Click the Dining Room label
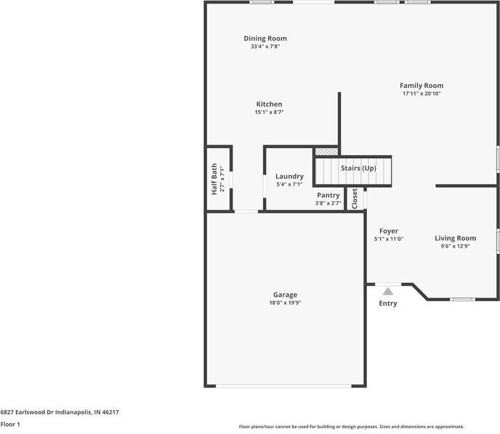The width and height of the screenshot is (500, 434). (265, 38)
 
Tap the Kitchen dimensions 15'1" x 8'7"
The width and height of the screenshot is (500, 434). (269, 112)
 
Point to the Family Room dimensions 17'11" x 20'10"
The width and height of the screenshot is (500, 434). (422, 94)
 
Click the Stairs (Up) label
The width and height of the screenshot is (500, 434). (358, 168)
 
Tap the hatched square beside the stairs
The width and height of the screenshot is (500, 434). (326, 152)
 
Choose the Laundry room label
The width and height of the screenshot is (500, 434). (289, 176)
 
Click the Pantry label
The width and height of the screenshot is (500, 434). (328, 195)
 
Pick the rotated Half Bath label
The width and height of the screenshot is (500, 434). (214, 179)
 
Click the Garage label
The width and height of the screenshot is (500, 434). (285, 295)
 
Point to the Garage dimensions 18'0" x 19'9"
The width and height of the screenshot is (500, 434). (285, 303)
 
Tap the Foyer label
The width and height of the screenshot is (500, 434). (388, 231)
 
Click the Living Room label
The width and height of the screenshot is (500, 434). (456, 238)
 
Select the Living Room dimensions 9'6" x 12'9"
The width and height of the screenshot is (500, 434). (456, 246)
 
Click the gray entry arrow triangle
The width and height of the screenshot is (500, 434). (388, 291)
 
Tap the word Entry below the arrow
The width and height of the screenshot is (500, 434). (388, 303)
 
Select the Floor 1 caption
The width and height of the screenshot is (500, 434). (10, 424)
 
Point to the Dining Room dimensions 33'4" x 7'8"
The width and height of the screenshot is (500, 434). (265, 46)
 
